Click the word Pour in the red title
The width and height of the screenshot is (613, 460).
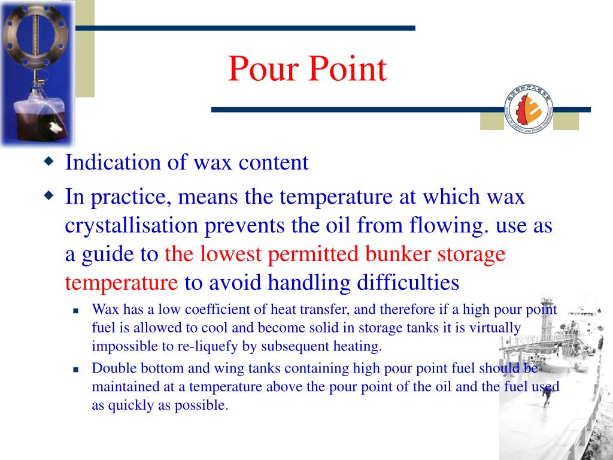tap(263, 69)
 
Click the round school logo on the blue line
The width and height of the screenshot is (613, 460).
tap(529, 109)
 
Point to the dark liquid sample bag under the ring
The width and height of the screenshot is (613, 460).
tap(37, 117)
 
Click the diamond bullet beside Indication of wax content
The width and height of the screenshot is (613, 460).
tap(48, 162)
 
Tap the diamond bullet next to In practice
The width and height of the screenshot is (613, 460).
tap(48, 195)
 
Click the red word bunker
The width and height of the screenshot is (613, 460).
tap(397, 254)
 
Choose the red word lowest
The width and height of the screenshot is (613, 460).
tap(230, 254)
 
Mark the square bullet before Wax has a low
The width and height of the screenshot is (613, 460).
tap(76, 311)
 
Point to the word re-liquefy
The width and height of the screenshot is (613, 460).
tap(202, 346)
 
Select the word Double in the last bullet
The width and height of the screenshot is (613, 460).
tap(112, 368)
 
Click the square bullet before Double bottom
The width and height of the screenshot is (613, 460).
tap(76, 370)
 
